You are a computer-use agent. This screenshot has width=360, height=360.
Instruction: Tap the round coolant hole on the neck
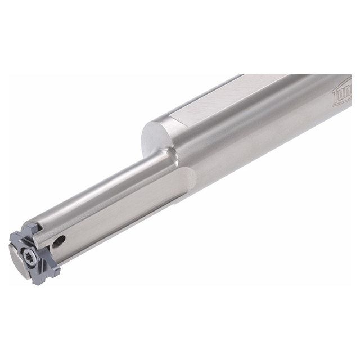coord(59,241)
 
